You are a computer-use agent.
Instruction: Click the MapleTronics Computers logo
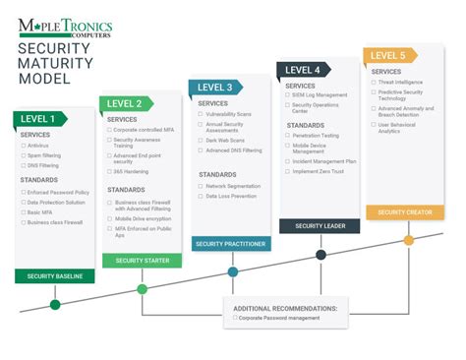click(x=65, y=27)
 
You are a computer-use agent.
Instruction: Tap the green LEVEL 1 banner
click(x=41, y=119)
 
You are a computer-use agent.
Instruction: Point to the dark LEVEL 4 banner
click(x=303, y=70)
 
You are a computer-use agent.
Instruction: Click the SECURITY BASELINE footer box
click(x=54, y=276)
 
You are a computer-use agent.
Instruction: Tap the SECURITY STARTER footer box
click(x=143, y=260)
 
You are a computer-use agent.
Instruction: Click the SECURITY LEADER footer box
click(x=319, y=225)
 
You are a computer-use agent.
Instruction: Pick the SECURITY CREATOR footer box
click(x=404, y=211)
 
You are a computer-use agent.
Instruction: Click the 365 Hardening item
click(x=130, y=171)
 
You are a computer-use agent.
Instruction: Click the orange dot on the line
click(x=408, y=239)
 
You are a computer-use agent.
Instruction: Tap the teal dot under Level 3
click(x=232, y=271)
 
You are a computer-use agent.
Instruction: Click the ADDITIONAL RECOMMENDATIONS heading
click(x=285, y=308)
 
